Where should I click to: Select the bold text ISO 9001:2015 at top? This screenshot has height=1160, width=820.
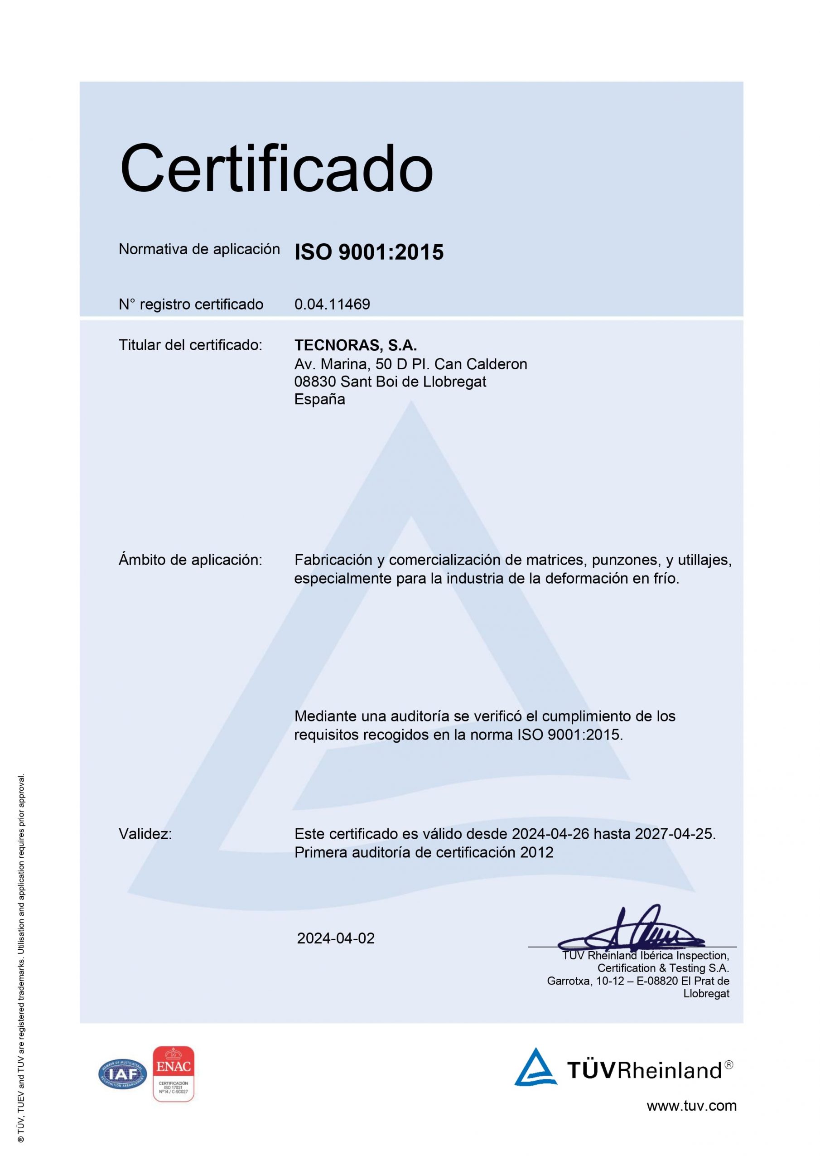coord(369,251)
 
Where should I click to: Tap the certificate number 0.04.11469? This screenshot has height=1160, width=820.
coord(332,304)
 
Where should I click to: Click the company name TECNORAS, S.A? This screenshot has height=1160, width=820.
coord(355,345)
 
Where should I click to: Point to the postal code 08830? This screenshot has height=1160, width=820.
coord(315,382)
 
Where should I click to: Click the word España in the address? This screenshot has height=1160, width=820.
coord(319,399)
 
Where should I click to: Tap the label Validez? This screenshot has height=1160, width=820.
coord(145,834)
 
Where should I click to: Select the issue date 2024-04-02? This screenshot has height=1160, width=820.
coord(336,938)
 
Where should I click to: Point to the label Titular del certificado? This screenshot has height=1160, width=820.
coord(190,345)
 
